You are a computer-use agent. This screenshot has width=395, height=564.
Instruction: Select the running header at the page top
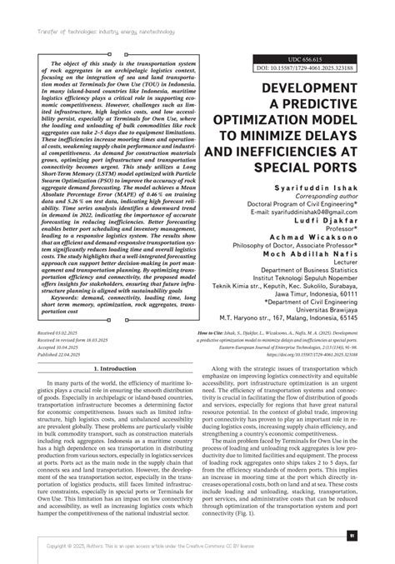point(91,10)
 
